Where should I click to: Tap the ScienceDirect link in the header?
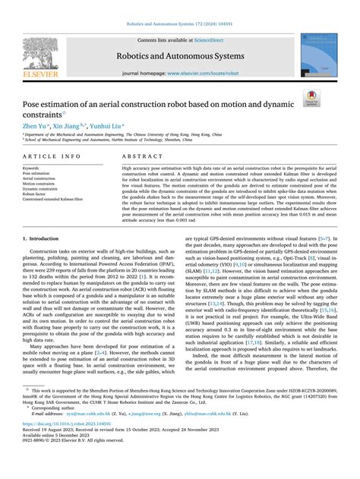pos(214,39)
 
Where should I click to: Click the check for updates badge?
pos(332,97)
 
